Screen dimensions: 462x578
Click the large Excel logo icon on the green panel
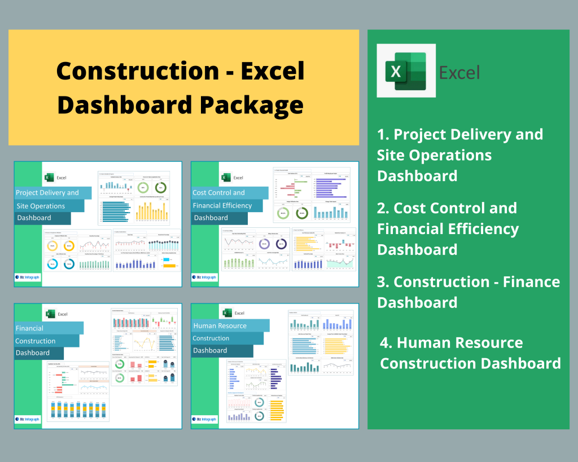tap(406, 71)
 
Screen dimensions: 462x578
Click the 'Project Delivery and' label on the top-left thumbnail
tap(47, 193)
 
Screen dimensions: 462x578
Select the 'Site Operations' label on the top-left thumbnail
tap(41, 206)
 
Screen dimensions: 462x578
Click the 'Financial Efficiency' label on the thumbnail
tap(222, 206)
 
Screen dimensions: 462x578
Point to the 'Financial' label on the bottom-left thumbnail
tap(29, 328)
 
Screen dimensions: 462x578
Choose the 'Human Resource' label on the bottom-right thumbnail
tap(220, 325)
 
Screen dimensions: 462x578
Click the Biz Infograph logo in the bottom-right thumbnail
tap(204, 419)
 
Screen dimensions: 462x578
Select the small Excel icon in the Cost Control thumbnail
tap(225, 178)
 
